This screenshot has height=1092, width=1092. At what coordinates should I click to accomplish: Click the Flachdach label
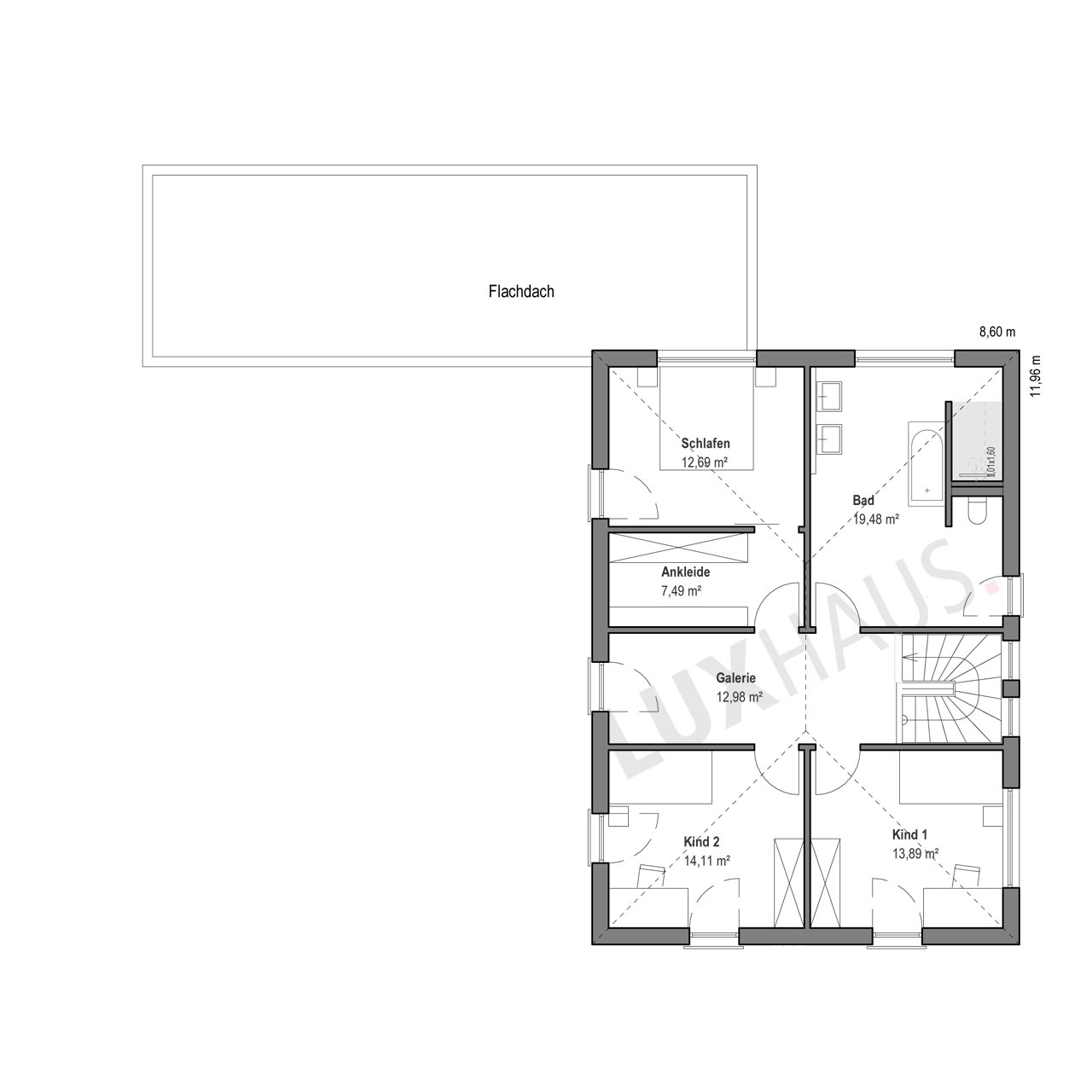tap(520, 291)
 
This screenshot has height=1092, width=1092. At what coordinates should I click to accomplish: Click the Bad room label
tap(863, 500)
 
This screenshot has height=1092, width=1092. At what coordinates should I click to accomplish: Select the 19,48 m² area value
tap(876, 519)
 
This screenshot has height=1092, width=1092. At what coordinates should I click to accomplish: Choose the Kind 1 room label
tap(909, 834)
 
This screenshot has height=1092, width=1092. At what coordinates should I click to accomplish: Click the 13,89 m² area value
tap(915, 853)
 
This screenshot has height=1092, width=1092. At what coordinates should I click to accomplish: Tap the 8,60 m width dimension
tap(997, 332)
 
